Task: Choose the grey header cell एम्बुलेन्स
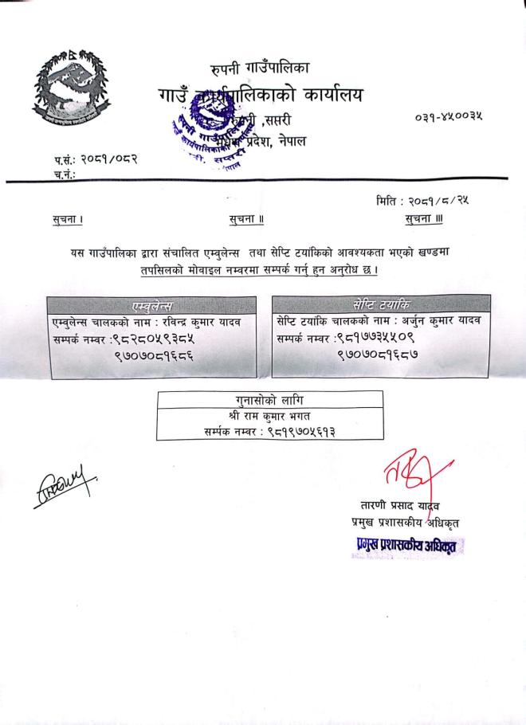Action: pos(151,306)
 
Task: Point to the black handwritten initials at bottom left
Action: pos(66,481)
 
